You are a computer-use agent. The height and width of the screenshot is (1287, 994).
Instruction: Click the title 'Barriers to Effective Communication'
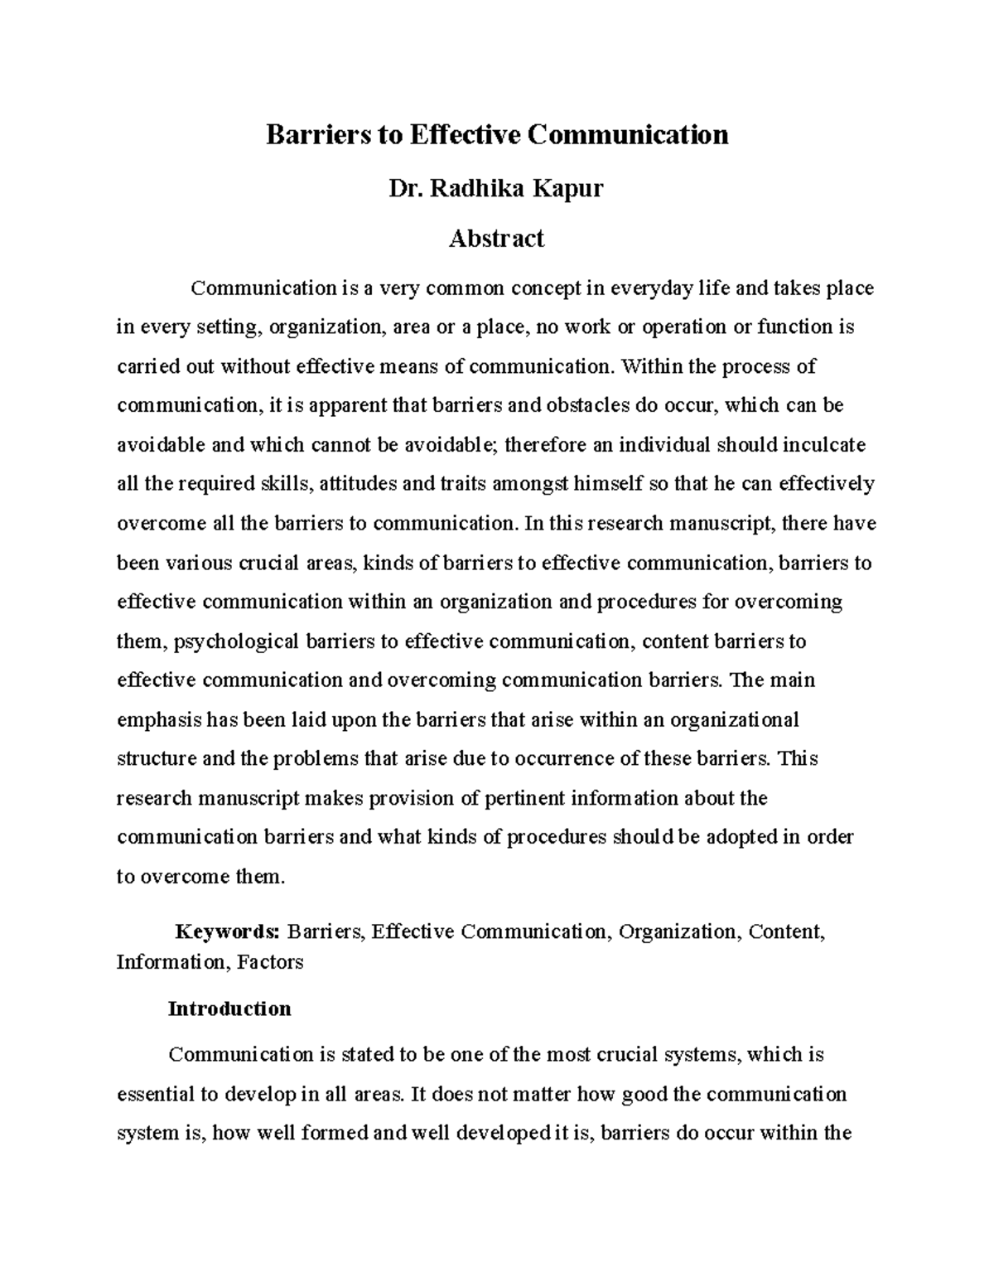(496, 134)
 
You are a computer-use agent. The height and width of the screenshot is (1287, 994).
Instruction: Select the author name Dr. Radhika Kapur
(496, 189)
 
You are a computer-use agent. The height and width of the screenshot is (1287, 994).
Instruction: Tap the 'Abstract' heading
(496, 239)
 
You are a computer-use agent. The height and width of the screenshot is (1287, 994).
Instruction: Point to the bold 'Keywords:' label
(229, 931)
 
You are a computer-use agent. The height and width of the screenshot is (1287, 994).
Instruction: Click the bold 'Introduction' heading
(229, 1009)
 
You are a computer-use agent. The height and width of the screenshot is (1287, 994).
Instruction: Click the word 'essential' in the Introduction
(156, 1094)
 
